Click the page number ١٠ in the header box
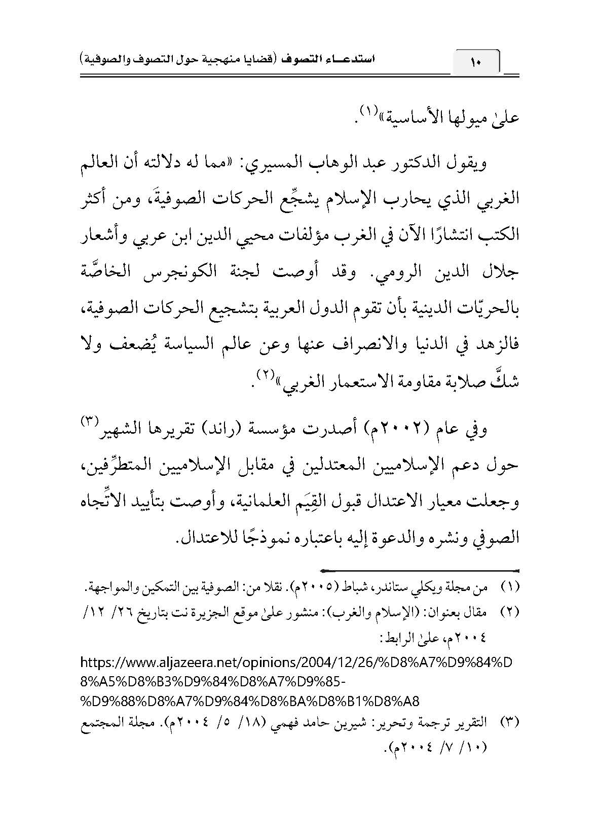476,63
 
